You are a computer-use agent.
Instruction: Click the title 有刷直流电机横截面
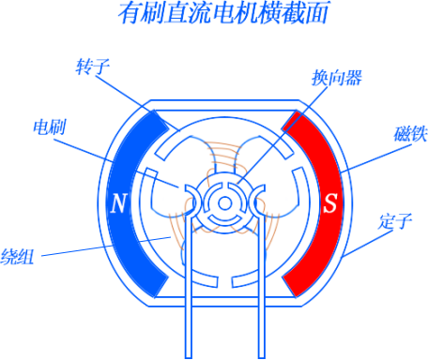213,13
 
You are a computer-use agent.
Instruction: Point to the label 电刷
48,127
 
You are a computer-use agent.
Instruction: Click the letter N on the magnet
118,203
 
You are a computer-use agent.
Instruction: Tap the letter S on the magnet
329,203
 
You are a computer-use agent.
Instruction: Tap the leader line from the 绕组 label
103,247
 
